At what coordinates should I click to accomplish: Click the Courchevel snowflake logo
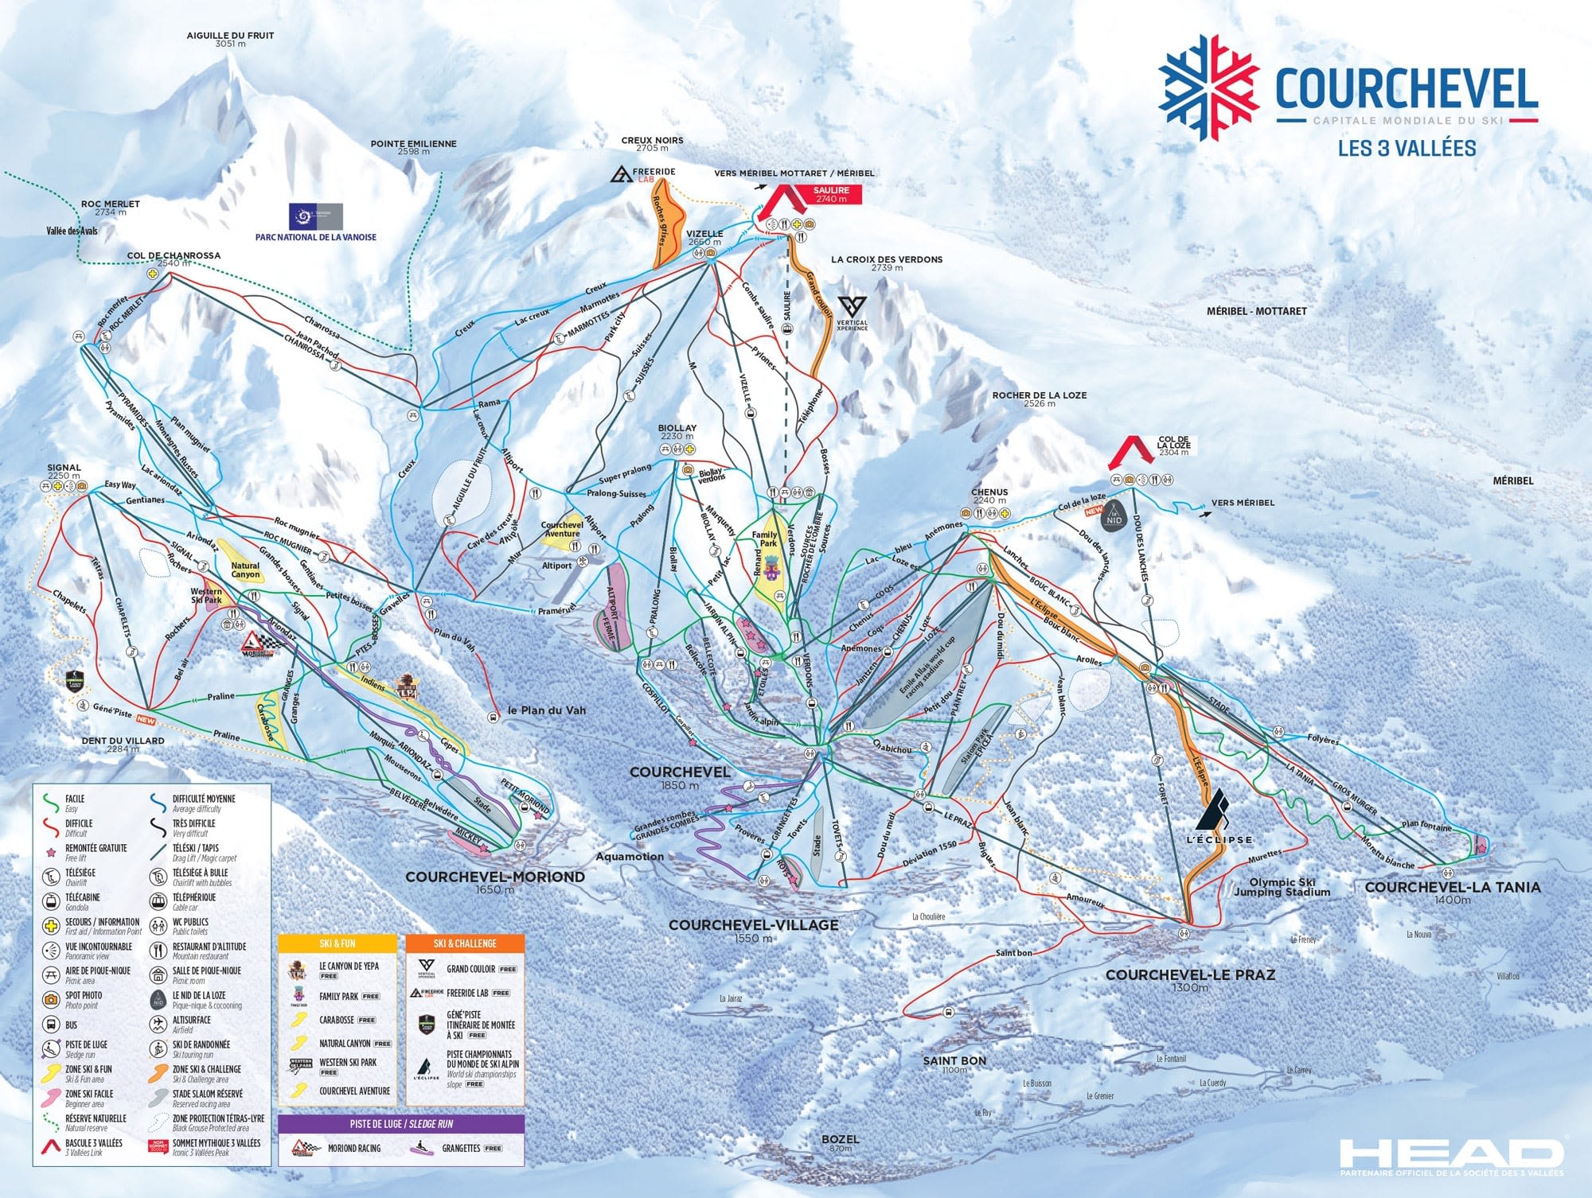point(1208,88)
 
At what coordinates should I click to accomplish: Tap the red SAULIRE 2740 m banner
point(830,194)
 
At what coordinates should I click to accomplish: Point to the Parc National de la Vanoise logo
point(316,217)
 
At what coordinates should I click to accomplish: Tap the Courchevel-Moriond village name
point(495,877)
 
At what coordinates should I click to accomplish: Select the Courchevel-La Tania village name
point(1452,887)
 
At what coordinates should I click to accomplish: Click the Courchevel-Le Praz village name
point(1189,975)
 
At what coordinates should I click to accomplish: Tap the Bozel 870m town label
point(840,1140)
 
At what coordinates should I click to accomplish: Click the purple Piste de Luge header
point(401,1124)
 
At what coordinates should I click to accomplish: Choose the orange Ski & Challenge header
point(465,943)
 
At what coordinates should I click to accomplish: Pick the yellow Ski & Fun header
point(338,943)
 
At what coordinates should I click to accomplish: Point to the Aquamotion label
point(630,857)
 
